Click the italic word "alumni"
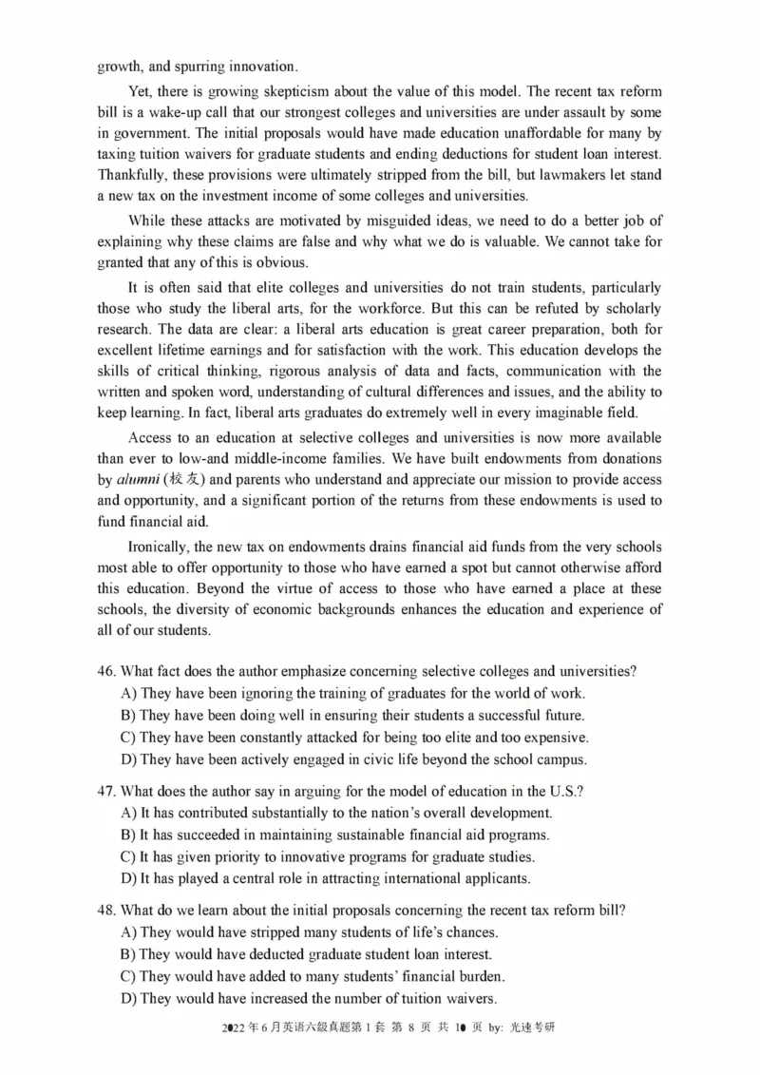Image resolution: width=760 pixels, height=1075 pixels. pyautogui.click(x=138, y=480)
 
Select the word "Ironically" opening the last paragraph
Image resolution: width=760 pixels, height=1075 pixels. pyautogui.click(x=161, y=547)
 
